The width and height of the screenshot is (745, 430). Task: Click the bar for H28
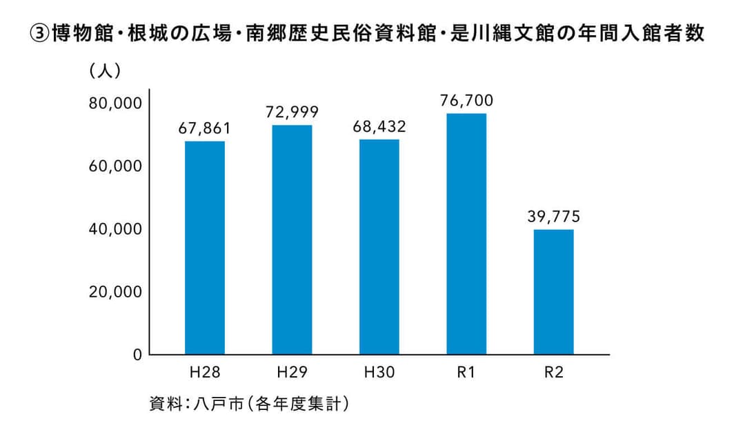coord(205,248)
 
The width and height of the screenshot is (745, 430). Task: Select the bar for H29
coord(292,240)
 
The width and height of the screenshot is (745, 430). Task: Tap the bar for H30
coord(379,247)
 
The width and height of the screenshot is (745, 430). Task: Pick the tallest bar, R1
coord(466,234)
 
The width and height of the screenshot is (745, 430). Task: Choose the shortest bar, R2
coord(553,292)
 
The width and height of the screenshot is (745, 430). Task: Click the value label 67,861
coord(204,128)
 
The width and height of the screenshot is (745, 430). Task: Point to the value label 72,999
coord(292,112)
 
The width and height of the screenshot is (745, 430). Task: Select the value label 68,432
coord(379,127)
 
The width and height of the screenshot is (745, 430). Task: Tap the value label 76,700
coord(466,101)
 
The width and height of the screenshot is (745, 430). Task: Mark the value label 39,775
coord(553,217)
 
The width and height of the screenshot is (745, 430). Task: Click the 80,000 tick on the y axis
coord(115,104)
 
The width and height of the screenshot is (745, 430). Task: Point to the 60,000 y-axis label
coord(115,166)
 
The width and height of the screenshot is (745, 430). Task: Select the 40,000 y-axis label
coord(115,229)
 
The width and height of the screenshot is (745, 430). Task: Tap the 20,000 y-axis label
coord(115,292)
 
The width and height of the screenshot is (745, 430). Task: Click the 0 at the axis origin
coord(137,355)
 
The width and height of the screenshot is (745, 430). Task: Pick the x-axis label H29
coord(292,373)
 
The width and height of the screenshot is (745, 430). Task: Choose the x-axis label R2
coord(553,373)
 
